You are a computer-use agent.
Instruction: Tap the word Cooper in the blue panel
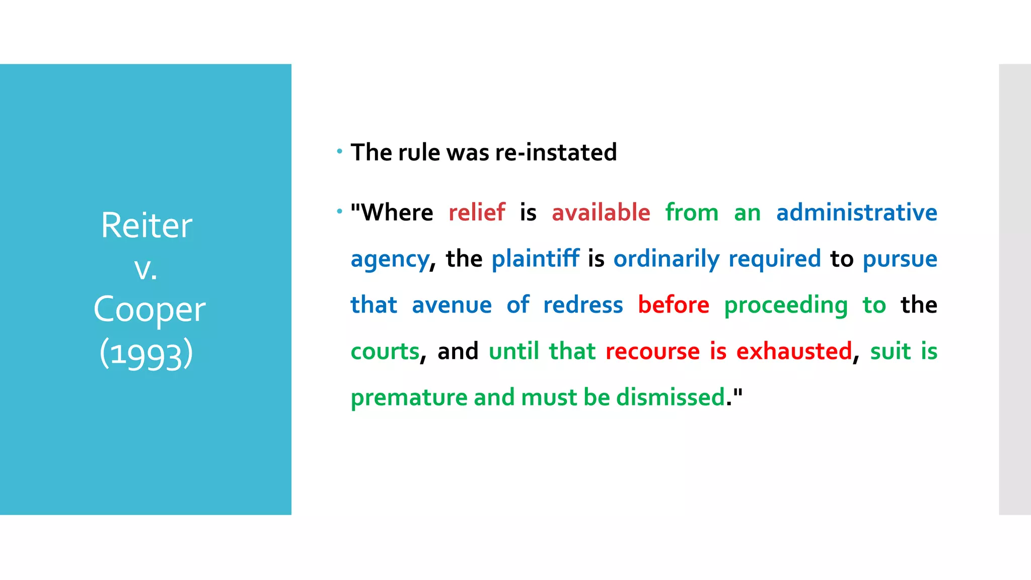[x=150, y=309]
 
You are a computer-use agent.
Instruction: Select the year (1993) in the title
[x=146, y=353]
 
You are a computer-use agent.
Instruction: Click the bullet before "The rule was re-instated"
[x=340, y=151]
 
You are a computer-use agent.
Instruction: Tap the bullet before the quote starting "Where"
[x=340, y=211]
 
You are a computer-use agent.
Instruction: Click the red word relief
[x=476, y=212]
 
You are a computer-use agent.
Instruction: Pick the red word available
[x=601, y=212]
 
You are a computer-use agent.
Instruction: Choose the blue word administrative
[x=856, y=212]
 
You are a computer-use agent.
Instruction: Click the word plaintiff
[x=535, y=258]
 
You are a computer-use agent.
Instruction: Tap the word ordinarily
[x=666, y=259]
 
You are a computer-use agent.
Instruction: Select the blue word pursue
[x=900, y=259]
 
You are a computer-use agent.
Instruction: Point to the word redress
[x=583, y=305]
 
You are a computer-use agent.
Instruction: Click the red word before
[x=674, y=305]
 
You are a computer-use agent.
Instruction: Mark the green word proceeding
[x=786, y=306]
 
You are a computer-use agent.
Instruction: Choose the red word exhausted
[x=794, y=351]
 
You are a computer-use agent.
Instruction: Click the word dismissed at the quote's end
[x=671, y=397]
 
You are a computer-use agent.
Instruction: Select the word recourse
[x=652, y=351]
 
